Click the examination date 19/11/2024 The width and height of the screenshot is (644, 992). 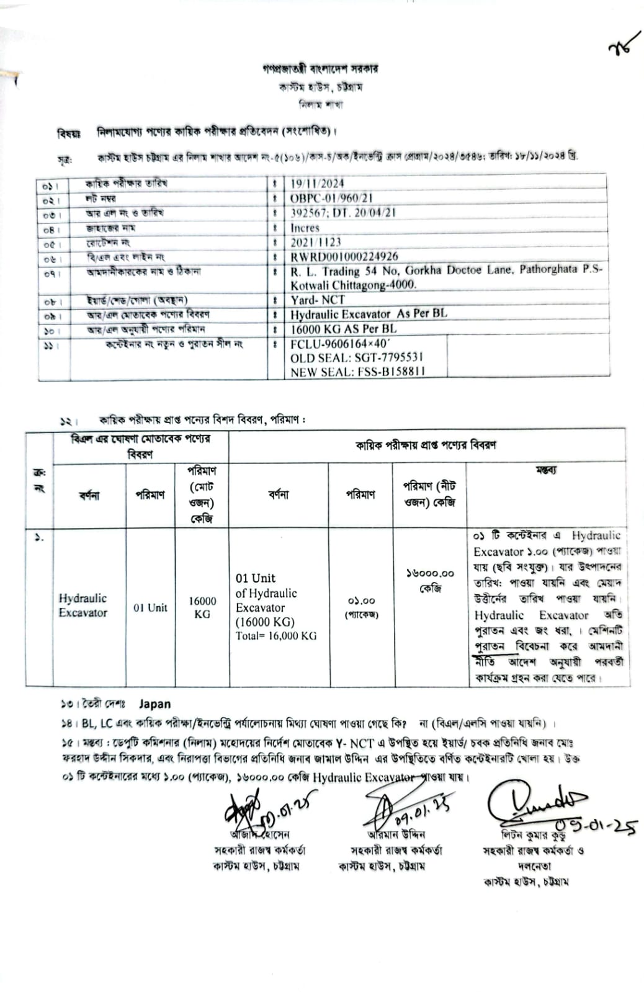point(316,183)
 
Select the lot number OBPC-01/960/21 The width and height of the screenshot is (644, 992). point(331,198)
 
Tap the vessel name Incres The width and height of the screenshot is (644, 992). point(305,228)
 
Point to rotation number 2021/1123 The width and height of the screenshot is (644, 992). point(316,242)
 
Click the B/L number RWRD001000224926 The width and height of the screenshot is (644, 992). point(344,256)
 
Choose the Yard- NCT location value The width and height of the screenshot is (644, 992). point(317,299)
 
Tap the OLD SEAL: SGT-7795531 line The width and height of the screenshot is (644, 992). point(357,357)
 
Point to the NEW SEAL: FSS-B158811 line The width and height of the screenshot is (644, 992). point(358,372)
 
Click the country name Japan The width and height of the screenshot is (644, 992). point(154,704)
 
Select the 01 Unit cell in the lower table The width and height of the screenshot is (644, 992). point(150,607)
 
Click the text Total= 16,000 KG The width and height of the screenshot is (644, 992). point(276,636)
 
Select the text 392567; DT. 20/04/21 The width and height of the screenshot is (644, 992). point(343,212)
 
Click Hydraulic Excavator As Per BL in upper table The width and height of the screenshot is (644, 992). point(369,314)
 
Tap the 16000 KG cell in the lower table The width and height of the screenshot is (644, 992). point(202,607)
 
